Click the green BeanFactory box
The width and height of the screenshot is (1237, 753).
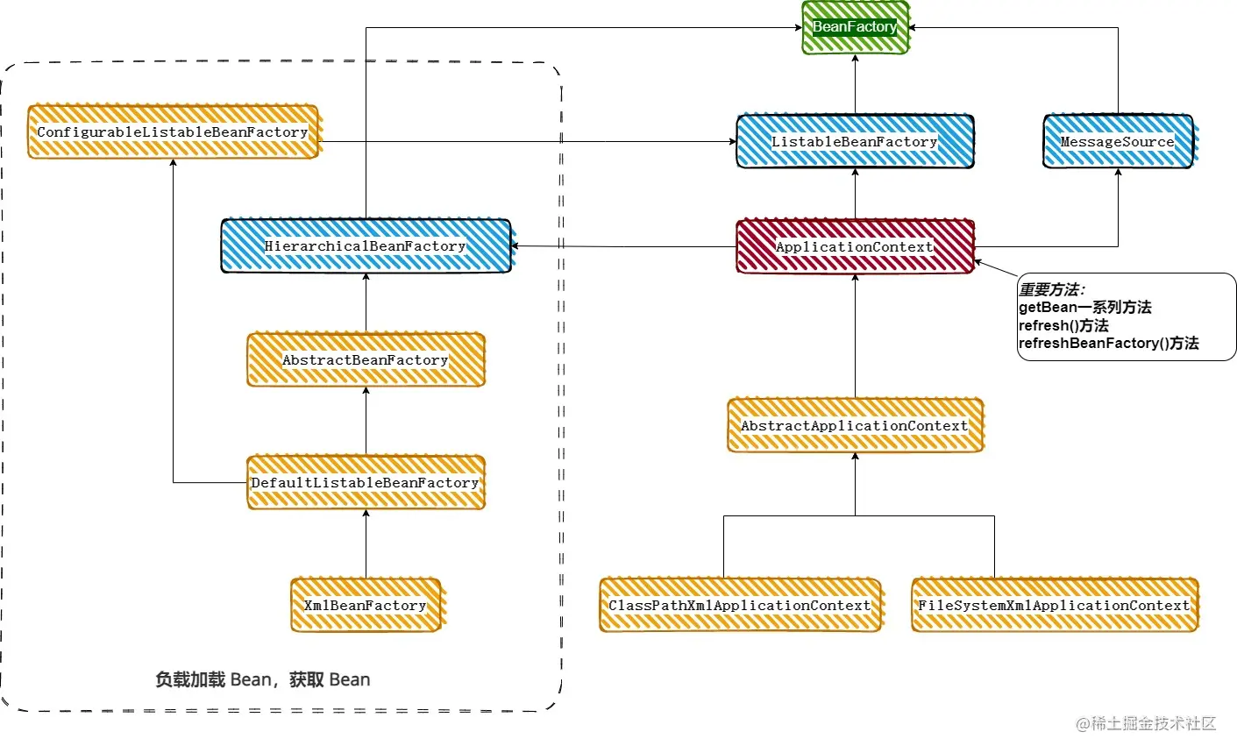click(x=855, y=27)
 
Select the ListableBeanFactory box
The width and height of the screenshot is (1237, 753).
click(x=855, y=141)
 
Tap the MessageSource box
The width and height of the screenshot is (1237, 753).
click(x=1118, y=141)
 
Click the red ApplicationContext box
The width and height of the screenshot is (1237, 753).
click(x=855, y=246)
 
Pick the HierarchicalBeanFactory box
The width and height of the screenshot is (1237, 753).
click(x=366, y=245)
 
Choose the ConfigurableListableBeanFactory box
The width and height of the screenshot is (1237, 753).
click(x=173, y=131)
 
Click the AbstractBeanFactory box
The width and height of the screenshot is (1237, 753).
click(x=366, y=359)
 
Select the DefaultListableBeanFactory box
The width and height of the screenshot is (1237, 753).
click(x=366, y=482)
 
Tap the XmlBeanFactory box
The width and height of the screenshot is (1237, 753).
click(x=366, y=605)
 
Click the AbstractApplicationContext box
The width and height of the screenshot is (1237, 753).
click(x=855, y=425)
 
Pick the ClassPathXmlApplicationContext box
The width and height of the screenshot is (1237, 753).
click(x=741, y=605)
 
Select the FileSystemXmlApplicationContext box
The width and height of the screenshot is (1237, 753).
click(x=1054, y=605)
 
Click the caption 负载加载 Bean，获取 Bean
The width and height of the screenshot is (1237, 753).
click(x=263, y=679)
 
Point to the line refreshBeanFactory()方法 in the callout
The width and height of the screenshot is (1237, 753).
click(x=1109, y=344)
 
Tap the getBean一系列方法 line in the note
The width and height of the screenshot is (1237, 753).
click(x=1085, y=308)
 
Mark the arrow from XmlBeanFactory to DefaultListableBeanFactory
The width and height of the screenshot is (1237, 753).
click(x=366, y=543)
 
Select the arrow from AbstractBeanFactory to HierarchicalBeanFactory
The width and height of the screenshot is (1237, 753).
click(x=366, y=302)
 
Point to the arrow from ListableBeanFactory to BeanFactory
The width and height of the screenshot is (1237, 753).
click(x=855, y=84)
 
